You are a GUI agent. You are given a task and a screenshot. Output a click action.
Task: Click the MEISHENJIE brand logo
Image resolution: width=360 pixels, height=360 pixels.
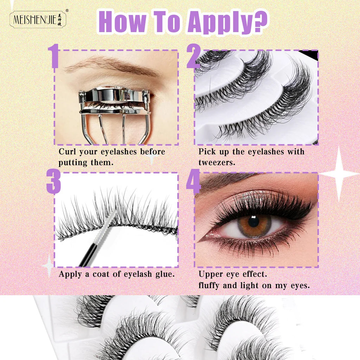38,20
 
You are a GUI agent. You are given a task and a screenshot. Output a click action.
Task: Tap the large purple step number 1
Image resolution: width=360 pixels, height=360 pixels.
54,56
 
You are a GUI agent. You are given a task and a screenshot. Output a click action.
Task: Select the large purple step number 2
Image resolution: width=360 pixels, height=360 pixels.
194,56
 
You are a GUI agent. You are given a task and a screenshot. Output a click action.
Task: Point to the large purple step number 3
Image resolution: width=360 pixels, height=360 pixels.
53,181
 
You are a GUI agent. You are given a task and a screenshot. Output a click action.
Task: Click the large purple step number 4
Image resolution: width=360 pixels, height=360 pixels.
193,181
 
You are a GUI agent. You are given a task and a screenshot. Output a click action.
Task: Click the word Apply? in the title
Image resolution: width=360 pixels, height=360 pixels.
227,22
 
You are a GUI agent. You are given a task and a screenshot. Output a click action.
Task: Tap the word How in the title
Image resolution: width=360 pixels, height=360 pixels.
122,21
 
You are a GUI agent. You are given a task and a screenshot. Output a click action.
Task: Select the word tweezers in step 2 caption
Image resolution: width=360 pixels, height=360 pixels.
217,162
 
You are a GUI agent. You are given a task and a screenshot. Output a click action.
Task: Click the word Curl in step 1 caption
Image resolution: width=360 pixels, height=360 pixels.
67,152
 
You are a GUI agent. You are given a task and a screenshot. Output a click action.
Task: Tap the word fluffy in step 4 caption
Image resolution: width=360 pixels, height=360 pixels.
209,285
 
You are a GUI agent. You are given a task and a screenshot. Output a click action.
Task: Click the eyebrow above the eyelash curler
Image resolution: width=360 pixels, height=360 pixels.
112,65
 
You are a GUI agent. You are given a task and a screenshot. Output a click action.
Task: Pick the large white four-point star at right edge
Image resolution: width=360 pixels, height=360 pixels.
339,174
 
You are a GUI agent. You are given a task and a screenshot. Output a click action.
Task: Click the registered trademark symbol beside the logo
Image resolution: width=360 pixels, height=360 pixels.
67,10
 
